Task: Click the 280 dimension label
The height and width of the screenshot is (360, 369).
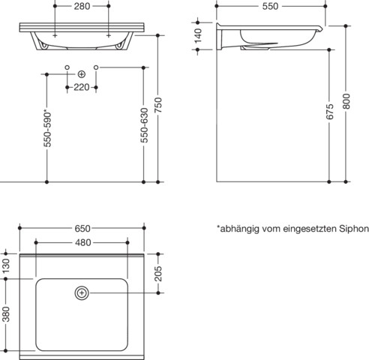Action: (82, 6)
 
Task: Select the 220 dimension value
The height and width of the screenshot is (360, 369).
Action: (82, 87)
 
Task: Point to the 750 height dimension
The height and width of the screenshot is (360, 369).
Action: (158, 105)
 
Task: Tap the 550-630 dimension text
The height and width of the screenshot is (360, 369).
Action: (144, 125)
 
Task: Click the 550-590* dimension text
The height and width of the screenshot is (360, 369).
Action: (47, 129)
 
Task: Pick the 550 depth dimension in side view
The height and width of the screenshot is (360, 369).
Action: (270, 6)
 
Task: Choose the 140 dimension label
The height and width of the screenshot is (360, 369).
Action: (198, 36)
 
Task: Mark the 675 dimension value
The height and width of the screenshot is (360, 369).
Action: (330, 112)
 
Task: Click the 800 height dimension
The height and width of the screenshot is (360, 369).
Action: (346, 101)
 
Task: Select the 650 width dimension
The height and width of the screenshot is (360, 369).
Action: (82, 228)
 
